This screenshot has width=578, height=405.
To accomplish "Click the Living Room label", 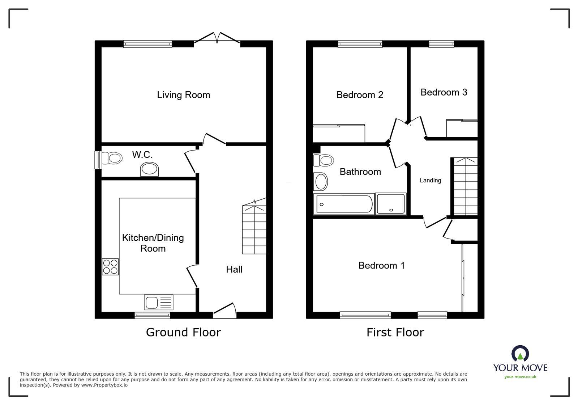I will pyautogui.click(x=183, y=95).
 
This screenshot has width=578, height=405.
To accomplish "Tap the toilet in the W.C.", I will pyautogui.click(x=111, y=158).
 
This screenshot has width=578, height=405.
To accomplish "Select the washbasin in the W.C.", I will pyautogui.click(x=149, y=169).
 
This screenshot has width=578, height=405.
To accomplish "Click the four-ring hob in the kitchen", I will pyautogui.click(x=110, y=267).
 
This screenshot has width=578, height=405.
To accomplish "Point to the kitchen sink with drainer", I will pyautogui.click(x=159, y=302).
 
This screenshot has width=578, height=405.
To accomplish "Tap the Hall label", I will pyautogui.click(x=234, y=269).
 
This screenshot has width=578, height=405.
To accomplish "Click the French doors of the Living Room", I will pyautogui.click(x=217, y=38).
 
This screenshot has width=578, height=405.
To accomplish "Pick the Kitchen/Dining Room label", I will pyautogui.click(x=153, y=243).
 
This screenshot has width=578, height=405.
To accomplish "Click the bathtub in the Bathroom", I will pyautogui.click(x=343, y=204).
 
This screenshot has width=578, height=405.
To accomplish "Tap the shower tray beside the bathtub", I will pyautogui.click(x=391, y=204).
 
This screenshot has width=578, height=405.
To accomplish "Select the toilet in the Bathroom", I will pyautogui.click(x=324, y=160).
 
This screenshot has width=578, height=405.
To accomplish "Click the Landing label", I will pyautogui.click(x=430, y=180).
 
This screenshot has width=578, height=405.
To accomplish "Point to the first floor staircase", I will pyautogui.click(x=466, y=186).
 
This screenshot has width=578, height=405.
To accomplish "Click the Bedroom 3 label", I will pyautogui.click(x=444, y=92).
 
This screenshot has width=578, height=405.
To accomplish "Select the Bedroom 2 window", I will pyautogui.click(x=360, y=44).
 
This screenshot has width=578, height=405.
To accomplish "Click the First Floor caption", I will pyautogui.click(x=395, y=332).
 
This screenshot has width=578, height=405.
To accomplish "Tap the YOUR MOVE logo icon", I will pyautogui.click(x=520, y=354).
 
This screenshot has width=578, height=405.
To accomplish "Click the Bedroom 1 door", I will pyautogui.click(x=435, y=222).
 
